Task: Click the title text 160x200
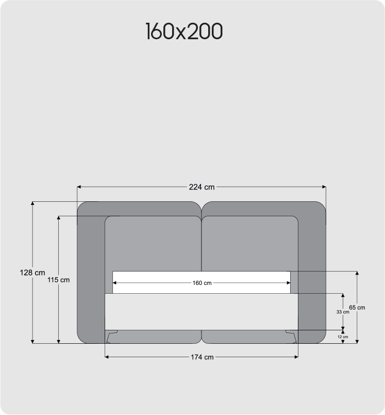click(184, 32)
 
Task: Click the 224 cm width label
click(202, 187)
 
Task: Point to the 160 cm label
click(202, 283)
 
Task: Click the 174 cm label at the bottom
click(202, 357)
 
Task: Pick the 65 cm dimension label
click(357, 307)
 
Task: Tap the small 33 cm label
click(342, 312)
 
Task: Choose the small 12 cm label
click(342, 337)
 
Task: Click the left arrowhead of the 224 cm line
click(79, 187)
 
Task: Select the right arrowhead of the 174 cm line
click(296, 357)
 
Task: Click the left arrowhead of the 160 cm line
click(115, 283)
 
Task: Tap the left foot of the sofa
click(112, 337)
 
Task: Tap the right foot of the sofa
click(291, 337)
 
